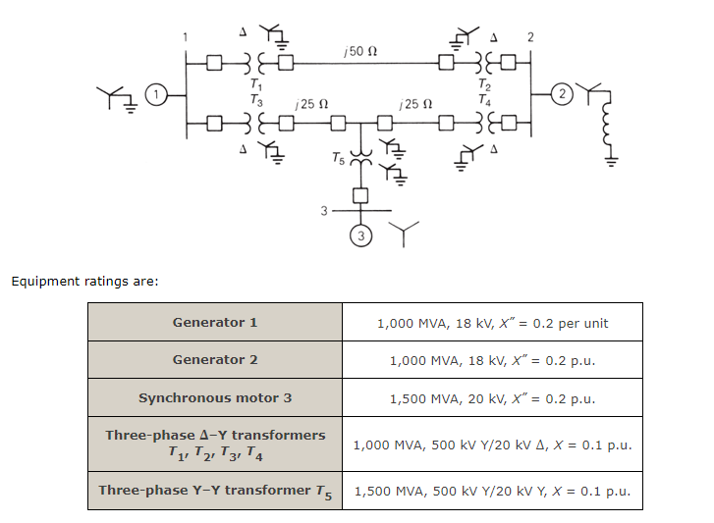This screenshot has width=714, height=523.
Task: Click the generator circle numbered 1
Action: point(154,95)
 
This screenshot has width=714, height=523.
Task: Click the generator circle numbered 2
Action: point(561,95)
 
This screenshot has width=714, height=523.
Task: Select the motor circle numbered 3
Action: point(361,236)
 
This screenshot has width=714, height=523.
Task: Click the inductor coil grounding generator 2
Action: point(612,126)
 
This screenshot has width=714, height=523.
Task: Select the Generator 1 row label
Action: point(215,323)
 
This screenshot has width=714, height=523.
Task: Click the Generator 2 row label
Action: point(215,360)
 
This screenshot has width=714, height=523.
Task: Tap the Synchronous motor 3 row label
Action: point(215,398)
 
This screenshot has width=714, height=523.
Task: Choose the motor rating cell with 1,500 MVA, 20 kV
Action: point(492,398)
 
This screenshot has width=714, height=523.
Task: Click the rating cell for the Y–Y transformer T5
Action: point(492,491)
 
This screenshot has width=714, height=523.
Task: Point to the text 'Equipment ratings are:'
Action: point(84,282)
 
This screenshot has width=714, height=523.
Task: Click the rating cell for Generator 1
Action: point(492,323)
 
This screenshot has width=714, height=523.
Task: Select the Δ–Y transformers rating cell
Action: point(492,445)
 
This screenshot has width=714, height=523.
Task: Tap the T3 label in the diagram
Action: point(257,99)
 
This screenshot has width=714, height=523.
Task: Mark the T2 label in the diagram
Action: point(481,85)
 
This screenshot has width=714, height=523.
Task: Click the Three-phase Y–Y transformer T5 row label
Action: point(215,491)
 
